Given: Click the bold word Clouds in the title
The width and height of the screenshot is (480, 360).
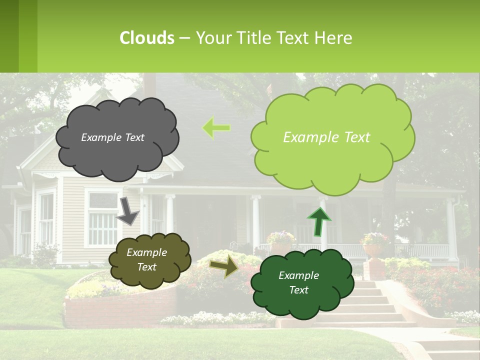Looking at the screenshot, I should coord(147,38).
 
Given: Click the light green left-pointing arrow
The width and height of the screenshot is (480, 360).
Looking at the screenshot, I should coord(216,128).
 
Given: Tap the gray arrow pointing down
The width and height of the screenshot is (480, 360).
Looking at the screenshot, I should coord(128,211).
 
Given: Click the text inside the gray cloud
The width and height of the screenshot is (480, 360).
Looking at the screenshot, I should coord(112,137).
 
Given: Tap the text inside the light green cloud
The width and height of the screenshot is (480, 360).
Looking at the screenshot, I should coord(326,137).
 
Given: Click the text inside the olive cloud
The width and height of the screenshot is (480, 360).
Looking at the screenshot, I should coord(146,259).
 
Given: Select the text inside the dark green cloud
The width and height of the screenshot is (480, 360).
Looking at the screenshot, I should coord(298,282).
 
